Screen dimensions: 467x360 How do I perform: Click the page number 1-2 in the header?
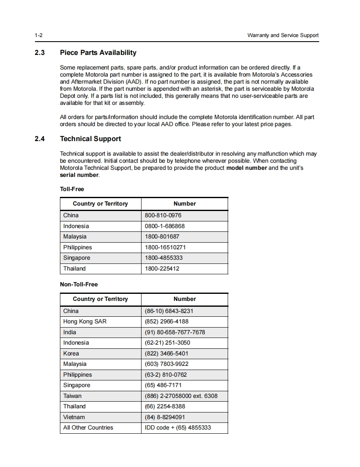[x=39, y=35]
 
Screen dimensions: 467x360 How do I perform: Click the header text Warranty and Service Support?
[x=283, y=35]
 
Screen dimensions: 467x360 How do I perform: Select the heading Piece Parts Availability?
[x=98, y=53]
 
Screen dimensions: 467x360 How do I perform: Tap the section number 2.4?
[x=40, y=139]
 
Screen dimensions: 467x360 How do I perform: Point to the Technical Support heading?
[x=90, y=139]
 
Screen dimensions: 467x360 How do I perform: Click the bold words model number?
[x=246, y=168]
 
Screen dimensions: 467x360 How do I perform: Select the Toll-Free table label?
[x=72, y=189]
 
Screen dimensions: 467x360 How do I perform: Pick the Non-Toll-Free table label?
[x=79, y=285]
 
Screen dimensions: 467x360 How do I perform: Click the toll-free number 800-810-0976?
[x=163, y=216]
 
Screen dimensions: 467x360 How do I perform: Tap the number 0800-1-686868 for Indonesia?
[x=164, y=226]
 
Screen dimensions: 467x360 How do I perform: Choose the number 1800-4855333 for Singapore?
[x=164, y=258]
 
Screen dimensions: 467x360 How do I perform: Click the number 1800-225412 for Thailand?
[x=162, y=269]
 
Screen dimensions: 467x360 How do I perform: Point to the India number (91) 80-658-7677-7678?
[x=175, y=333]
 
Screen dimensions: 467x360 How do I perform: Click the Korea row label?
[x=71, y=354]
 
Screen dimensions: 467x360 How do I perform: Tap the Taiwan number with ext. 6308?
[x=181, y=396]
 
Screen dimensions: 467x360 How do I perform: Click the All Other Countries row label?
[x=88, y=428]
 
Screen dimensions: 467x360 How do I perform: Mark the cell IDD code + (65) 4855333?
[x=178, y=428]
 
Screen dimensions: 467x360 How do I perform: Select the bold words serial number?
[x=79, y=175]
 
